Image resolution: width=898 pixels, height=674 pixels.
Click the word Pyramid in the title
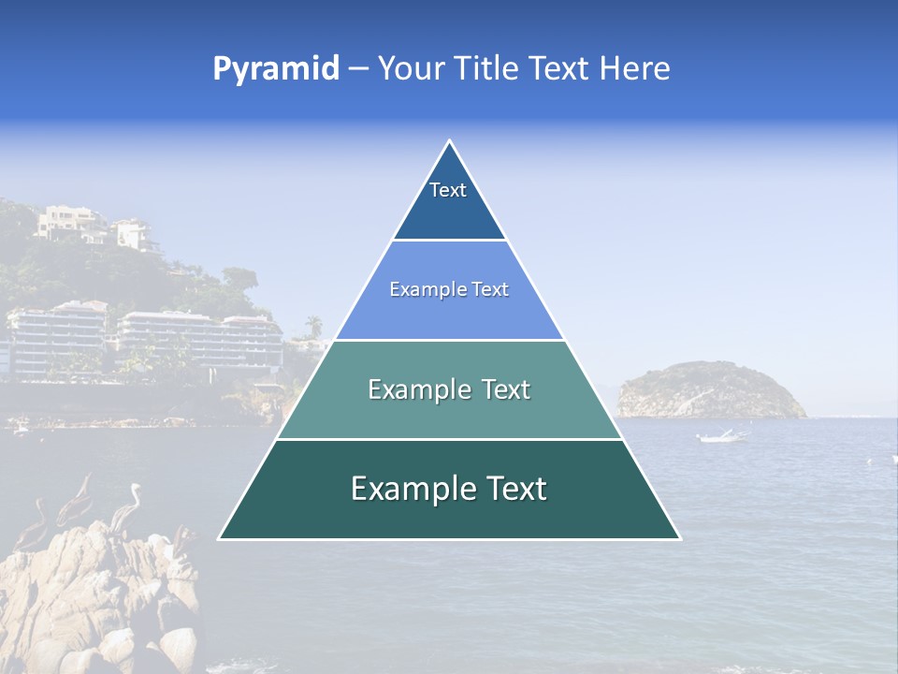coord(276,69)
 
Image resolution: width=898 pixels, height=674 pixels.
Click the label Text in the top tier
coord(448,190)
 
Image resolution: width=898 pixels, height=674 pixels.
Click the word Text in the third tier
coord(505,389)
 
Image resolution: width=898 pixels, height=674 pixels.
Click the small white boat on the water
coord(721,436)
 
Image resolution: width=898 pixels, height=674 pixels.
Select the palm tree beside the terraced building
coord(314,325)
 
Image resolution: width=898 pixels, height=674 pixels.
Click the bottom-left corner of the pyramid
coord(219,538)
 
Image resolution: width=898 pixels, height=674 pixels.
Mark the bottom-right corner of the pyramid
coord(680,538)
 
